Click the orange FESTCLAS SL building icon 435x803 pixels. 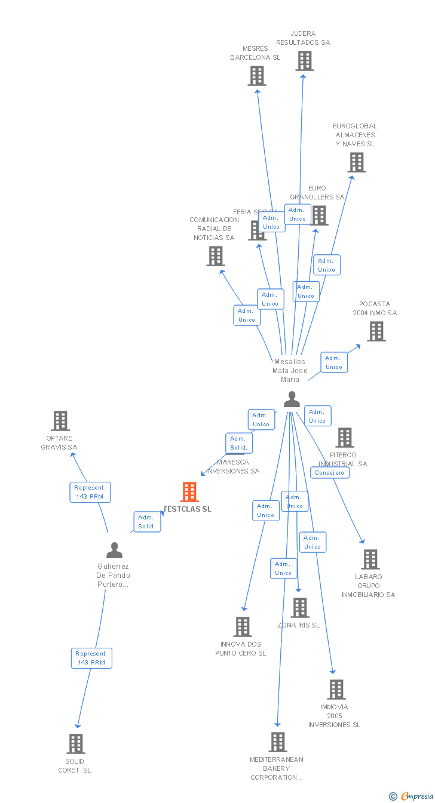coord(189,492)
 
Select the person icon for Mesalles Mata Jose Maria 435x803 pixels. coord(292,399)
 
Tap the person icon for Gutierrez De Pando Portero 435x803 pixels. coord(114,550)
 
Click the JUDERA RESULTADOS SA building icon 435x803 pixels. coord(304,61)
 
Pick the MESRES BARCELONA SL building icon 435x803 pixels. coord(257,76)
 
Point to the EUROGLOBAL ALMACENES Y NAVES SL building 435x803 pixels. coord(356,162)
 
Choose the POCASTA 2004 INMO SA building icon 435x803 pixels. coord(376,331)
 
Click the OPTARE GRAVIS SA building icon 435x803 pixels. coord(60,421)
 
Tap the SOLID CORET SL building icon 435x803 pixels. coord(76,744)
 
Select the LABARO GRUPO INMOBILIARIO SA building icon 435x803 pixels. coord(370,559)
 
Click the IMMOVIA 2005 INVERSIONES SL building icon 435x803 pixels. coord(336,690)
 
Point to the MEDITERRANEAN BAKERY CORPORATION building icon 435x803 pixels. coord(277,742)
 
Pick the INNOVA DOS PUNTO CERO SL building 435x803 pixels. coord(243,627)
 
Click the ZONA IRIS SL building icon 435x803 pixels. coord(299,608)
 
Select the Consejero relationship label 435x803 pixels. coord(330,472)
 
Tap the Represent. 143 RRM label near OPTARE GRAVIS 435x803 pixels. coord(90,492)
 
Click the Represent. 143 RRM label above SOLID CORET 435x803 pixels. coord(91,658)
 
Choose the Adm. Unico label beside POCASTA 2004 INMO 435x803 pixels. coord(334,362)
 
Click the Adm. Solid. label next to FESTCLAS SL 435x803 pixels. coord(147,522)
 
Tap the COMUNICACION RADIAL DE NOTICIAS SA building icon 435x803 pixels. coord(215,256)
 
